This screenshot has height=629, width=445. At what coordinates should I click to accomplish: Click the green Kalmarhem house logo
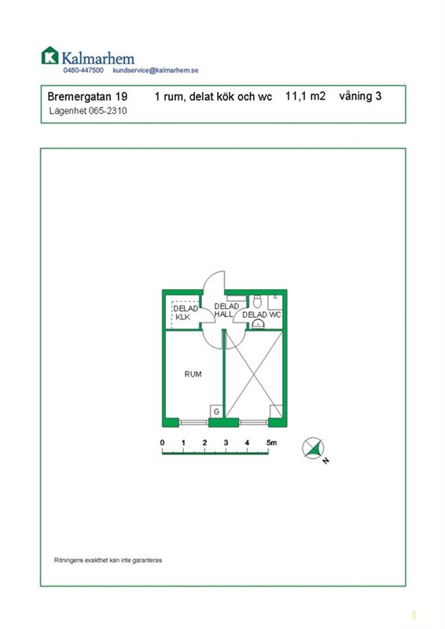pyautogui.click(x=50, y=55)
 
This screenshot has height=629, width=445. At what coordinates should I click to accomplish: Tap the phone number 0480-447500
pyautogui.click(x=83, y=70)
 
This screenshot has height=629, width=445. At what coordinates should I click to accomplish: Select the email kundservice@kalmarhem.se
pyautogui.click(x=156, y=70)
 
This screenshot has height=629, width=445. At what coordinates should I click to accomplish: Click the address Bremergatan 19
pyautogui.click(x=87, y=96)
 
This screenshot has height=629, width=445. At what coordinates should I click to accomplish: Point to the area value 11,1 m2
pyautogui.click(x=305, y=96)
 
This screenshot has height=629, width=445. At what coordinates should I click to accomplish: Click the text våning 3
pyautogui.click(x=360, y=96)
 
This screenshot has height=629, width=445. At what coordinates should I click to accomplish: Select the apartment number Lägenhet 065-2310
pyautogui.click(x=88, y=111)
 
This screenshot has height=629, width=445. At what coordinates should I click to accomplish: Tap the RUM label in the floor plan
pyautogui.click(x=193, y=374)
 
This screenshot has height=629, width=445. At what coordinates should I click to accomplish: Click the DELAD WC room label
pyautogui.click(x=262, y=315)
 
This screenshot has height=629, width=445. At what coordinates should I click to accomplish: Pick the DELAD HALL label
pyautogui.click(x=225, y=310)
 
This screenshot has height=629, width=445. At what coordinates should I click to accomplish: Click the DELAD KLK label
pyautogui.click(x=185, y=312)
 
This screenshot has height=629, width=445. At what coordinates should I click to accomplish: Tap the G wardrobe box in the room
pyautogui.click(x=217, y=411)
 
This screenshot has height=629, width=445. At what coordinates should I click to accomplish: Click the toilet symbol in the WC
pyautogui.click(x=257, y=301)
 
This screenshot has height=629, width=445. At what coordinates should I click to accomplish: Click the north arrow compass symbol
pyautogui.click(x=313, y=448)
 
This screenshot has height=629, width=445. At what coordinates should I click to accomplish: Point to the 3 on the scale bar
pyautogui.click(x=226, y=443)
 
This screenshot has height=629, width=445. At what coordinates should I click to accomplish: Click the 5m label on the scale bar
pyautogui.click(x=272, y=443)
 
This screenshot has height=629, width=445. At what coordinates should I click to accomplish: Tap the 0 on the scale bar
pyautogui.click(x=162, y=443)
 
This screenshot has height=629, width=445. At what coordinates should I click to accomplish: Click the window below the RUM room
pyautogui.click(x=193, y=422)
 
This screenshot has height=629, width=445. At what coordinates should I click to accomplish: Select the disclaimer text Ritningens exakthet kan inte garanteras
pyautogui.click(x=108, y=560)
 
